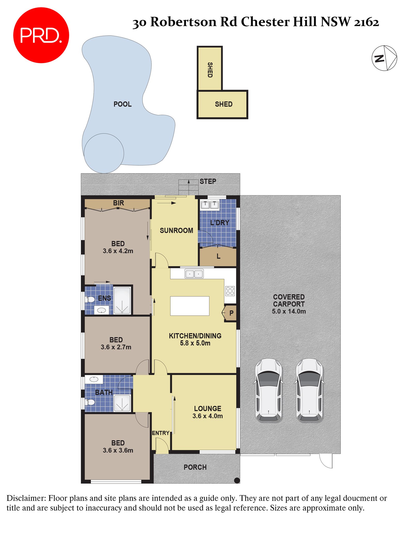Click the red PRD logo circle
click(41, 35)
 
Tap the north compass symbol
click(384, 58)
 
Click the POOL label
click(122, 104)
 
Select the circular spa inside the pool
click(104, 153)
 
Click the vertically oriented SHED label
click(210, 70)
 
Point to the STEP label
click(208, 181)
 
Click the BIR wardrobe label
click(118, 203)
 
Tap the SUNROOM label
click(176, 230)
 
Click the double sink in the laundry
click(210, 205)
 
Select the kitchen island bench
click(189, 306)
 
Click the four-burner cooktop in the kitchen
click(230, 291)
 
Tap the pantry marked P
click(231, 313)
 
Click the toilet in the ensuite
click(90, 299)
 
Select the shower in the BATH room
click(122, 403)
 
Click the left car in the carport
click(268, 390)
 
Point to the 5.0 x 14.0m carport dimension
click(289, 311)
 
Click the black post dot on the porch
click(237, 480)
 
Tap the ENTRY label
click(161, 433)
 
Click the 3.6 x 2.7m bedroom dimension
click(116, 347)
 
